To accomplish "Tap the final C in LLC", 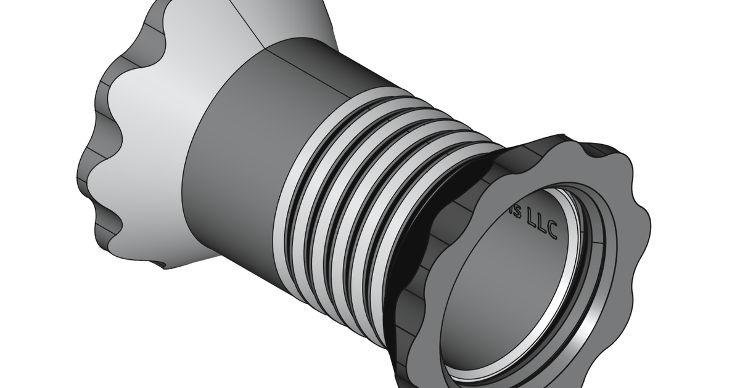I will (552, 232).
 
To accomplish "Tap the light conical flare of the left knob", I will (154, 123).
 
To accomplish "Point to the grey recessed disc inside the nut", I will (512, 289).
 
